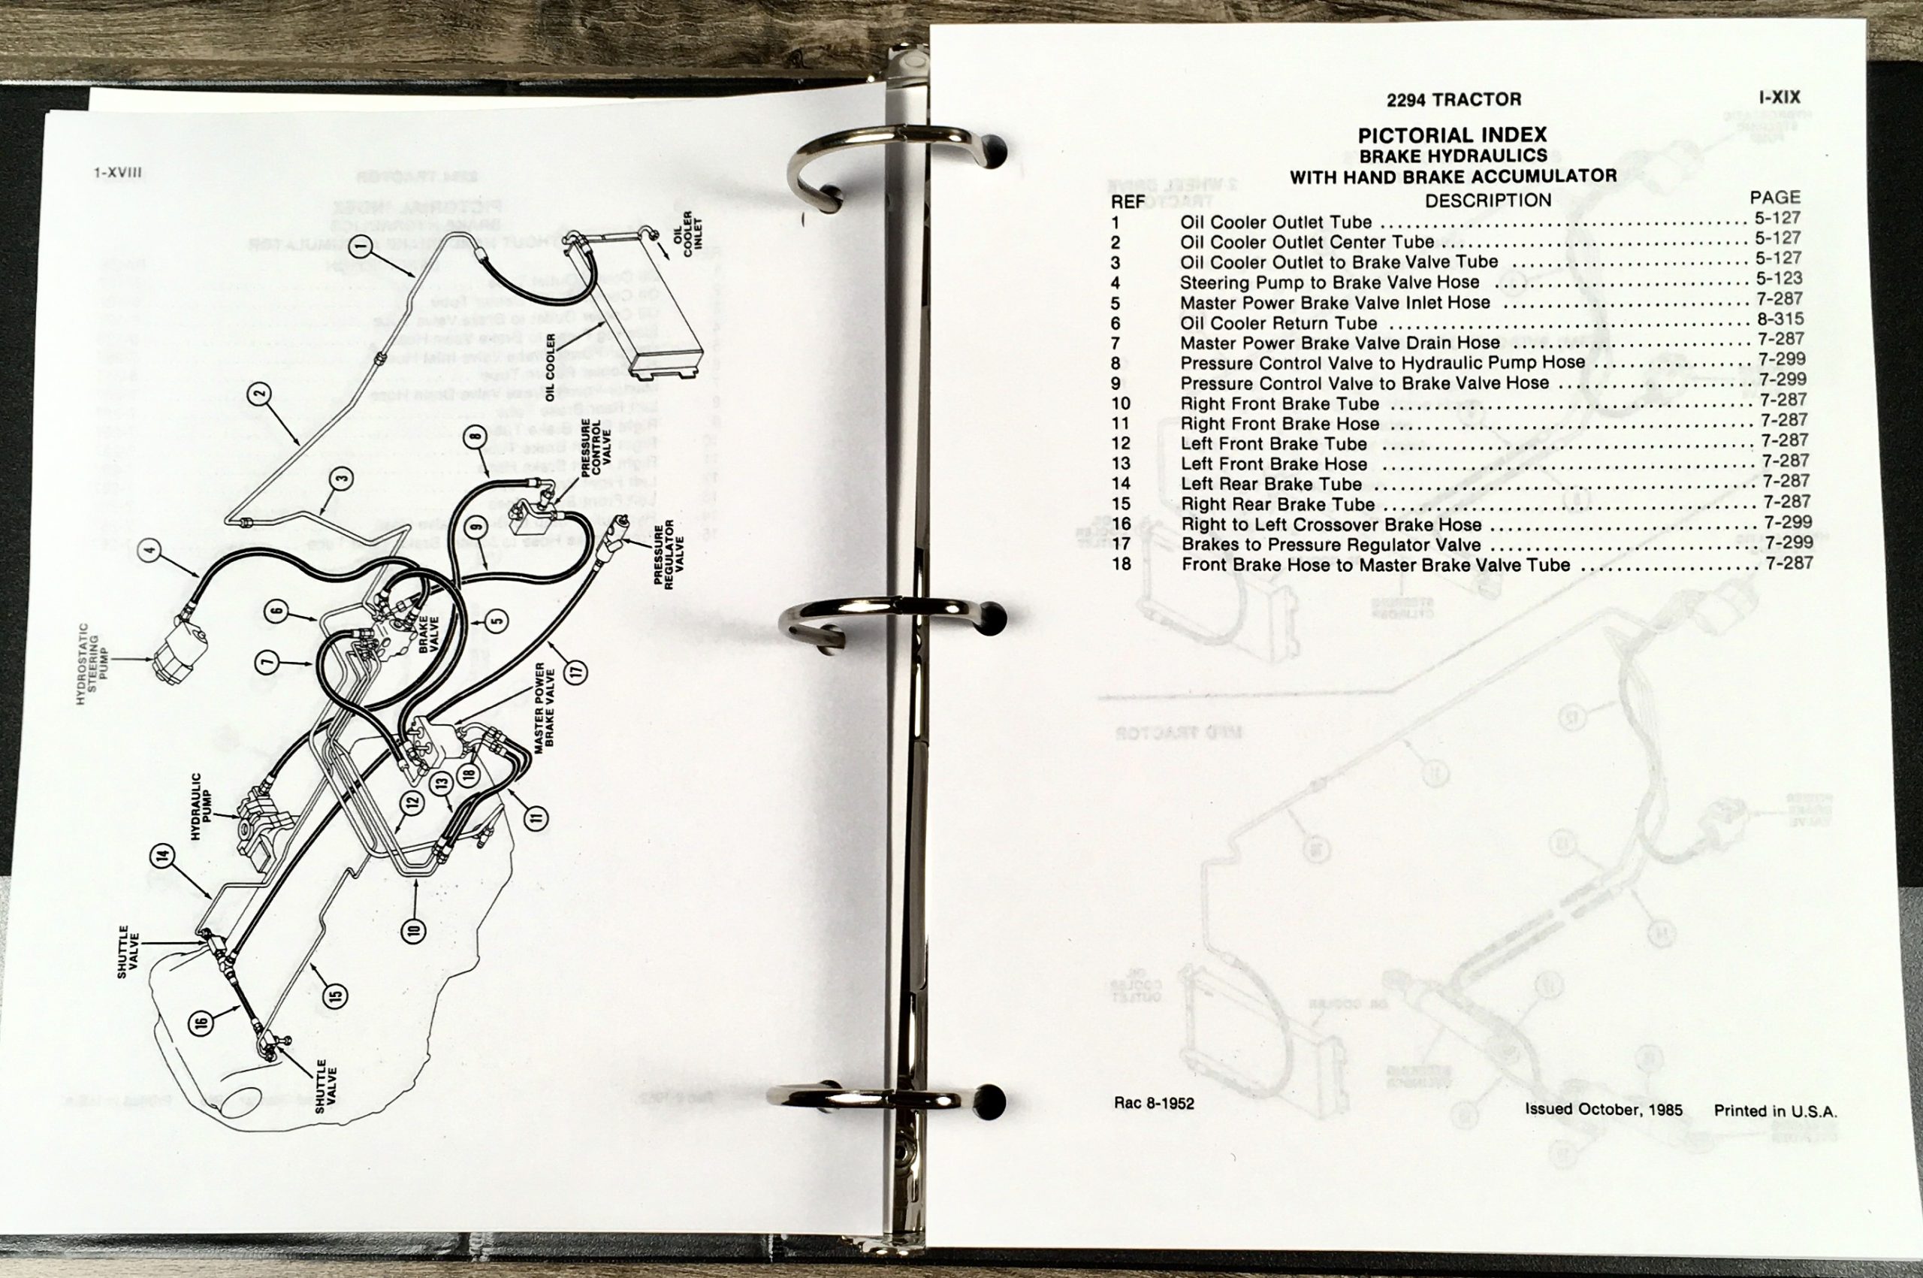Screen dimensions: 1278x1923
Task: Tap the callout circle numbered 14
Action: click(162, 856)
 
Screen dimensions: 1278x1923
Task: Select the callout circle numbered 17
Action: click(576, 673)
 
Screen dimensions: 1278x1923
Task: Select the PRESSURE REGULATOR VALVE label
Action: click(668, 554)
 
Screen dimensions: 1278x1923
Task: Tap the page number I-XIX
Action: click(1779, 97)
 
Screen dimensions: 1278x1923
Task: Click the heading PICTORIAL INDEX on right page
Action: click(1452, 134)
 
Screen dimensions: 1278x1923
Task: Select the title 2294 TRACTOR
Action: click(1454, 99)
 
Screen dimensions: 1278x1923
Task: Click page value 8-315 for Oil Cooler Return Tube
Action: click(1780, 319)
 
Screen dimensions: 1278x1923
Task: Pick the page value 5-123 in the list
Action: click(1778, 278)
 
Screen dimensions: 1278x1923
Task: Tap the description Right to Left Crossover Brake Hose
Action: click(1331, 524)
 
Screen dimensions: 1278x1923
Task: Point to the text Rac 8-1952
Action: click(1154, 1103)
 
